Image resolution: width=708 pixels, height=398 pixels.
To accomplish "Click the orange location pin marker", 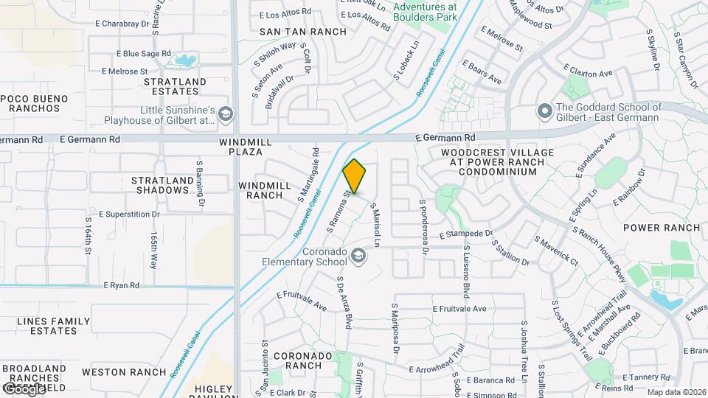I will (354, 177).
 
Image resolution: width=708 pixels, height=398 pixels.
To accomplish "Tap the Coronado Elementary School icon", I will (358, 255).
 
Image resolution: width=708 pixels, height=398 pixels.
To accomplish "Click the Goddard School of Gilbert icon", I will (545, 111).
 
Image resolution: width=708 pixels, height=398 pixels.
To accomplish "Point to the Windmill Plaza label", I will (240, 146).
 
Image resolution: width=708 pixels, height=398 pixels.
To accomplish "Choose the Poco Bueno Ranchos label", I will (34, 103).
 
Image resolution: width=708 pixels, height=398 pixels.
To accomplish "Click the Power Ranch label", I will (662, 228).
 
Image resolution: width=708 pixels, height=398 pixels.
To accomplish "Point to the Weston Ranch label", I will (123, 372).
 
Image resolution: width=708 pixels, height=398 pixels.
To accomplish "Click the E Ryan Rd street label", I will (122, 284).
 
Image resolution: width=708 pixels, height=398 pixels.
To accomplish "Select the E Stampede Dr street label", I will (465, 234).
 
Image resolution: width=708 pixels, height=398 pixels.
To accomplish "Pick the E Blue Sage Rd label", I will (143, 54).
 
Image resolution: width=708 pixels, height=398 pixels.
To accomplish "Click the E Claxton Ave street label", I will (588, 74).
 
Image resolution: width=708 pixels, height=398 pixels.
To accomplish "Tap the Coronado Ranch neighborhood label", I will (303, 360).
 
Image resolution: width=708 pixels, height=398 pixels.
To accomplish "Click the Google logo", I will (24, 388).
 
